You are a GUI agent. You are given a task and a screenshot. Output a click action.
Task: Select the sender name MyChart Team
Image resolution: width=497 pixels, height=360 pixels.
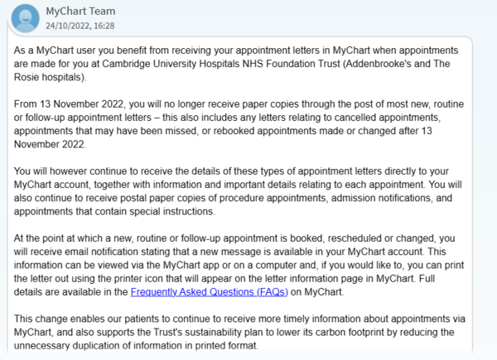pyautogui.click(x=81, y=11)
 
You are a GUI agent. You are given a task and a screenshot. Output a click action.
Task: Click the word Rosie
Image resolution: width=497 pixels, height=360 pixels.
pyautogui.click(x=30, y=77)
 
